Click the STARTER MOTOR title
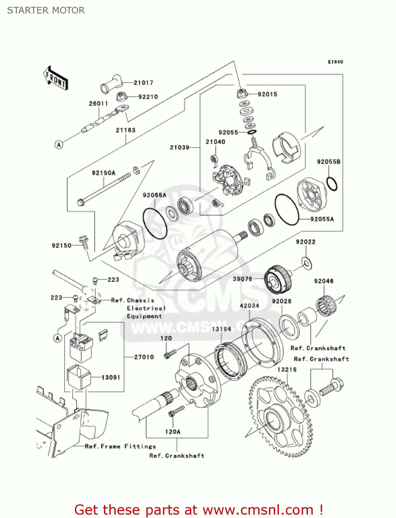(46, 10)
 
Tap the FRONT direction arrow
(56, 78)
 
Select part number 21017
(143, 83)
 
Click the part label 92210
(148, 97)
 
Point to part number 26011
(98, 103)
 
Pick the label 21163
(126, 130)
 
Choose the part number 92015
(267, 94)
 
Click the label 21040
(215, 142)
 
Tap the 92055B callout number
(328, 161)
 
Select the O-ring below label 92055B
(332, 184)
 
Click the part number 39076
(242, 279)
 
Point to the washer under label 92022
(306, 262)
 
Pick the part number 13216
(287, 370)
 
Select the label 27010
(144, 357)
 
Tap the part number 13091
(111, 377)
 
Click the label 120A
(173, 432)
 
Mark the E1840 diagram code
(335, 62)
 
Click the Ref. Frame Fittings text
(120, 446)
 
